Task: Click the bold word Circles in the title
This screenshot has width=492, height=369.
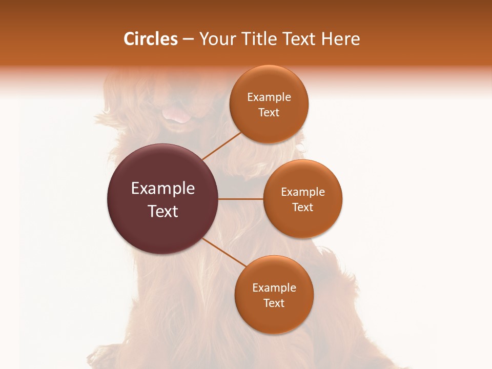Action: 151,39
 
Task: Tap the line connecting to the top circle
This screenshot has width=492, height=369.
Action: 221,146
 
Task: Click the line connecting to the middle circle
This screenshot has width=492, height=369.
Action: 240,199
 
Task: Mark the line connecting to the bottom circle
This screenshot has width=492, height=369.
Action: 224,253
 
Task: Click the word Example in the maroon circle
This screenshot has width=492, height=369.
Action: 163,189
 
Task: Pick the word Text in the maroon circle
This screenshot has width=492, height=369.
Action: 163,211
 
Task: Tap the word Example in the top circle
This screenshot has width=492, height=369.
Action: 269,97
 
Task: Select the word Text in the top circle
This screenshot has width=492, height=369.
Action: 269,113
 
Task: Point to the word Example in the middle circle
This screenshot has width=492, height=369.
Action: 303,192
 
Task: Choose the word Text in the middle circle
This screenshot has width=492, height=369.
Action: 303,208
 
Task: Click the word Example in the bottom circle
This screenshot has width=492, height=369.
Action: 274,288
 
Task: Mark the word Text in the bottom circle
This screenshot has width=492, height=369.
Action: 274,303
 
